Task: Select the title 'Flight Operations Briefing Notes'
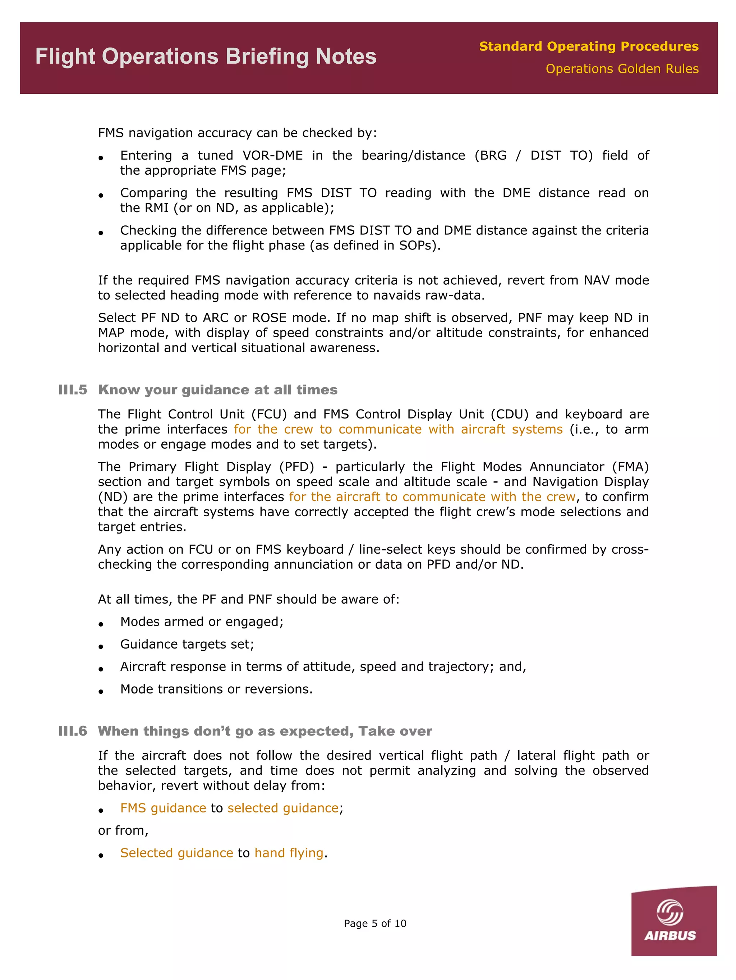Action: (206, 57)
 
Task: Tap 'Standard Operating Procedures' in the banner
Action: (589, 46)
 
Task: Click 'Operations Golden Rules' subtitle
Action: (622, 69)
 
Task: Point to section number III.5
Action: (73, 390)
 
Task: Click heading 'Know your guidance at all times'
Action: (217, 390)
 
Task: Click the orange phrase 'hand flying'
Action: (289, 853)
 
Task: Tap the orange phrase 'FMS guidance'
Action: (163, 808)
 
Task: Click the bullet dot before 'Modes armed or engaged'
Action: (101, 624)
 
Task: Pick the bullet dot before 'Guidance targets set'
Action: (101, 647)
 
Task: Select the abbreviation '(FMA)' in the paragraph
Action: (630, 467)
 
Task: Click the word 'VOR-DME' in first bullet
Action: (272, 156)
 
